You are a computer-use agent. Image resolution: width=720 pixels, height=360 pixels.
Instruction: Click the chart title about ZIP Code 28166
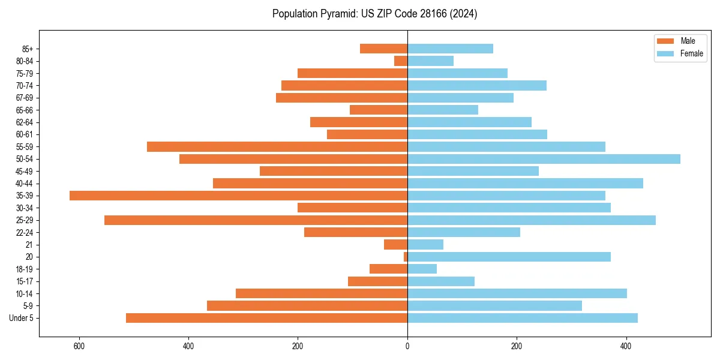pyautogui.click(x=374, y=14)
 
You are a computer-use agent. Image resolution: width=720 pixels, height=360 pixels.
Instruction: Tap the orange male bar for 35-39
pyautogui.click(x=238, y=196)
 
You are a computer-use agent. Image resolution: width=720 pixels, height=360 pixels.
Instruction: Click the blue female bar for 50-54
pyautogui.click(x=544, y=159)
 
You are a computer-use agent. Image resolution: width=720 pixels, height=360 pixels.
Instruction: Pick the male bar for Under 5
pyautogui.click(x=266, y=318)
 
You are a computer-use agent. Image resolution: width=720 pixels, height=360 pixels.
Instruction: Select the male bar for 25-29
pyautogui.click(x=256, y=220)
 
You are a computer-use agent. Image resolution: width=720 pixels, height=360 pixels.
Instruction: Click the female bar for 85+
pyautogui.click(x=450, y=49)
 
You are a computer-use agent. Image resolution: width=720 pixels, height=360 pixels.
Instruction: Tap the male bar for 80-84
pyautogui.click(x=401, y=61)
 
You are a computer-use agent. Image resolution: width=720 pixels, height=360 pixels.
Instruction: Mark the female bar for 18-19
pyautogui.click(x=422, y=269)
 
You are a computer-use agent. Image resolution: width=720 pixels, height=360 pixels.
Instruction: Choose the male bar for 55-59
pyautogui.click(x=277, y=146)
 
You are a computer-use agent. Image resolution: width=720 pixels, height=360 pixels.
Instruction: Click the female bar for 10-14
pyautogui.click(x=517, y=293)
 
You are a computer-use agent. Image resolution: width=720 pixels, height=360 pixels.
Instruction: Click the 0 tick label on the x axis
pyautogui.click(x=407, y=346)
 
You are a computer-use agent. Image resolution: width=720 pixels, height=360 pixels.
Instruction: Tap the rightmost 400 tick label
pyautogui.click(x=626, y=346)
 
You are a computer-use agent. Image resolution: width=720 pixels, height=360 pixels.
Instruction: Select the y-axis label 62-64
pyautogui.click(x=25, y=122)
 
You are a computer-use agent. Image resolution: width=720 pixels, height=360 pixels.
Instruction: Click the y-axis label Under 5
pyautogui.click(x=22, y=318)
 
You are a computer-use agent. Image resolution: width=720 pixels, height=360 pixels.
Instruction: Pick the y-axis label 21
pyautogui.click(x=29, y=245)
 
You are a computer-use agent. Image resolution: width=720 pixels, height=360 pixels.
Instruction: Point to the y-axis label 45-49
pyautogui.click(x=25, y=171)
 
